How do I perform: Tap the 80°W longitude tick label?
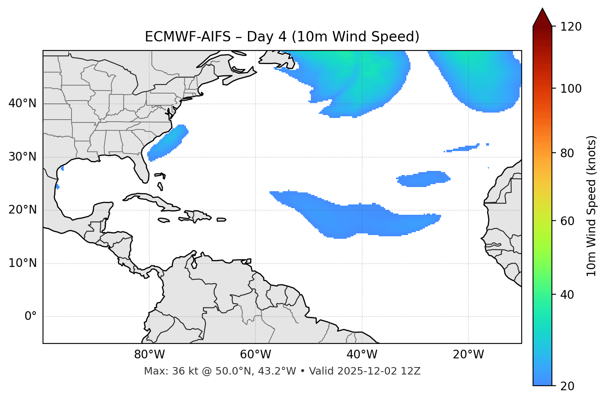[149, 355]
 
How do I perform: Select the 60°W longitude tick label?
[255, 355]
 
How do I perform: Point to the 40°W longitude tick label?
[362, 355]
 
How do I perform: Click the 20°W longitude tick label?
[468, 355]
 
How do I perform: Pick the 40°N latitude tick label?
[22, 103]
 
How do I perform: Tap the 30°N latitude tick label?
[22, 157]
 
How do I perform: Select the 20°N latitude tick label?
[22, 210]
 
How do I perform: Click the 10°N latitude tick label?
[22, 263]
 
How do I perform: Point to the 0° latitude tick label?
[31, 317]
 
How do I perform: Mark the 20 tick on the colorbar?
[567, 386]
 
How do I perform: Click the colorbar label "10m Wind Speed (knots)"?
[592, 206]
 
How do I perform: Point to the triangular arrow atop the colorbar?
[542, 17]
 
